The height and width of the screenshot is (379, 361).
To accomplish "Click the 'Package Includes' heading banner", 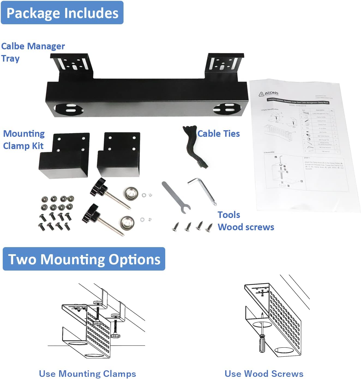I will click(x=62, y=13).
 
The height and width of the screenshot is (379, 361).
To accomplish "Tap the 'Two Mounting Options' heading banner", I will click(x=84, y=259).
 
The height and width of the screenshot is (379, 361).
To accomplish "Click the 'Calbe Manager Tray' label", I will click(x=33, y=52).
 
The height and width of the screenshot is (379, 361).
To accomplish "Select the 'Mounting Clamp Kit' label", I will click(x=24, y=140).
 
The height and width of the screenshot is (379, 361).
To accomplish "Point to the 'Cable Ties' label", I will click(x=218, y=134).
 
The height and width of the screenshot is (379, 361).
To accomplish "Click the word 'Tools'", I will click(x=229, y=215).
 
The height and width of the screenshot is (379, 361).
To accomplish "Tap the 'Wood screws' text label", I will click(x=246, y=227).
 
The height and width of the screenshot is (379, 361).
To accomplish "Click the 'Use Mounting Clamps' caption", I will click(x=87, y=373).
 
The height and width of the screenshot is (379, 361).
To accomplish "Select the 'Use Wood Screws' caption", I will click(x=264, y=373).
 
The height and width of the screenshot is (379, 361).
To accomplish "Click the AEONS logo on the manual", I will click(x=269, y=94).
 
